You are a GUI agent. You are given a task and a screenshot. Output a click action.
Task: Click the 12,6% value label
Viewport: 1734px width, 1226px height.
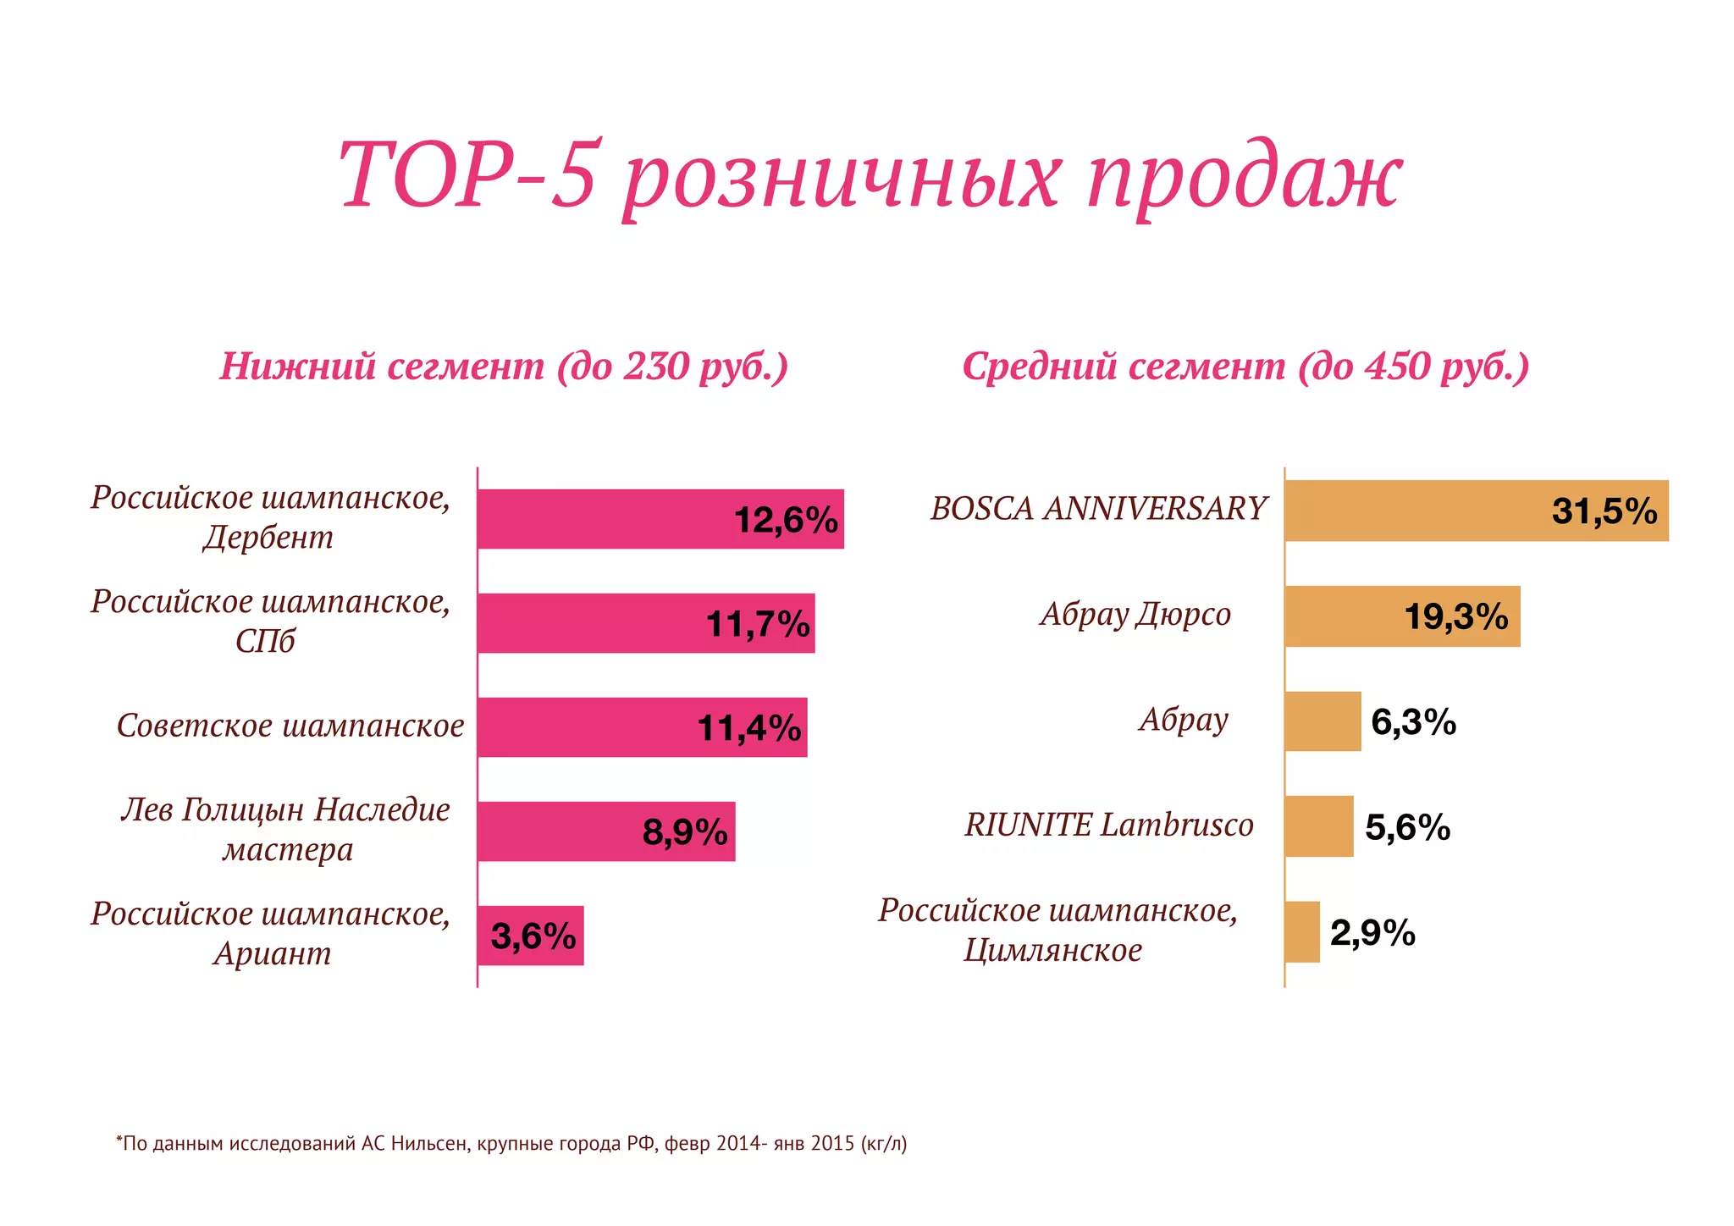[x=785, y=520]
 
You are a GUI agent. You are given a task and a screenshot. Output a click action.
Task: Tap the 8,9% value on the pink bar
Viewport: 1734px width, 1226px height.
[x=684, y=832]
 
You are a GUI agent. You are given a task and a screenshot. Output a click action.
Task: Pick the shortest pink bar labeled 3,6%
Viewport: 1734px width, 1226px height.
[x=530, y=936]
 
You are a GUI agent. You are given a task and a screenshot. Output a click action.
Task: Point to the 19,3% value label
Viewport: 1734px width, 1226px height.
[x=1455, y=616]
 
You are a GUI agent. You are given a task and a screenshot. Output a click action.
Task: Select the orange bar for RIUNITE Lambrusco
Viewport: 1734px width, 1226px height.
[x=1318, y=826]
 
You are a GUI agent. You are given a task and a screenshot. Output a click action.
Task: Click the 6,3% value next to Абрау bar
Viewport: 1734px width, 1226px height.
[x=1413, y=722]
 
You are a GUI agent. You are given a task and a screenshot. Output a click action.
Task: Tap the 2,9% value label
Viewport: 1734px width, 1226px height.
[x=1372, y=933]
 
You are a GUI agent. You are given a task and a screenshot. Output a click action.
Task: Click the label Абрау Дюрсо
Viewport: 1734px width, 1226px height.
[x=1135, y=614]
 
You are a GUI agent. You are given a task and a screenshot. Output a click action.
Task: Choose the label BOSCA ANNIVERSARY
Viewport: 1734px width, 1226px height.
[x=1098, y=509]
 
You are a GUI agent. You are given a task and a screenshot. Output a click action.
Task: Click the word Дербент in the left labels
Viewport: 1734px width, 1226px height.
[x=268, y=538]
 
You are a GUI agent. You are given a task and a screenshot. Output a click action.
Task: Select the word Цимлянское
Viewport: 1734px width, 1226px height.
[x=1052, y=951]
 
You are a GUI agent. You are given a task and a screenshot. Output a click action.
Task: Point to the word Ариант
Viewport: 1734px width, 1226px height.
[x=272, y=954]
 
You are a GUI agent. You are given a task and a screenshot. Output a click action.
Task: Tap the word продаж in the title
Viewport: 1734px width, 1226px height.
[x=1245, y=179]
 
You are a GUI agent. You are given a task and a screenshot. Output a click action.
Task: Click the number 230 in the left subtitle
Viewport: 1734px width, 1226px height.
[x=656, y=367]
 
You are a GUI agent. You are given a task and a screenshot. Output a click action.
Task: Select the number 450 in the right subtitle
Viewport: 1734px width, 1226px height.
[x=1398, y=367]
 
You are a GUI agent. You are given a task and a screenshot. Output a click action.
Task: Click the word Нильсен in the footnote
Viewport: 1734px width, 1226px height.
[x=428, y=1144]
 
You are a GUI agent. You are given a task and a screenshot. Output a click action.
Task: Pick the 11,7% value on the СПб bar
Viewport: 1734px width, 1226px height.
[x=757, y=625]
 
